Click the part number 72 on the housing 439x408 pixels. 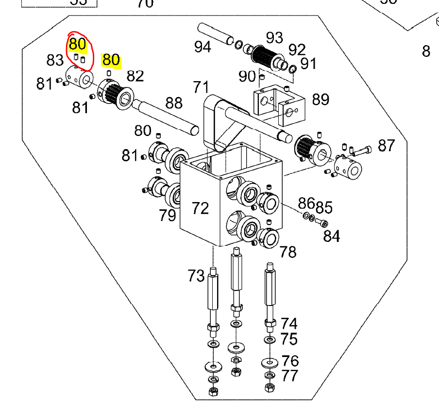pos(200,208)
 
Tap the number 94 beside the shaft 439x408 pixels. pos(203,47)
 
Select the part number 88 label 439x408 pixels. pos(174,102)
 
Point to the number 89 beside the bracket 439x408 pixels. pos(321,99)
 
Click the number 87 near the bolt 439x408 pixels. pos(386,145)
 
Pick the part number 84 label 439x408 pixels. pos(332,236)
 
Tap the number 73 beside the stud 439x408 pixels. pos(196,276)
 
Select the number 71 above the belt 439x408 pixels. pos(201,88)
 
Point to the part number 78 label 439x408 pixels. pos(288,252)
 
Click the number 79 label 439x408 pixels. pos(168,215)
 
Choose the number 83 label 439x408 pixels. pos(55,60)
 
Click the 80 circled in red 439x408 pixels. pos(78,44)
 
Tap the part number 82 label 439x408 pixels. pos(135,76)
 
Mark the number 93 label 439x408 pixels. pos(274,37)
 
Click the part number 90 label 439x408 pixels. pos(247,76)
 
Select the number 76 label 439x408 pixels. pos(290,360)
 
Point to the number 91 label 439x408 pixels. pos(308,63)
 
